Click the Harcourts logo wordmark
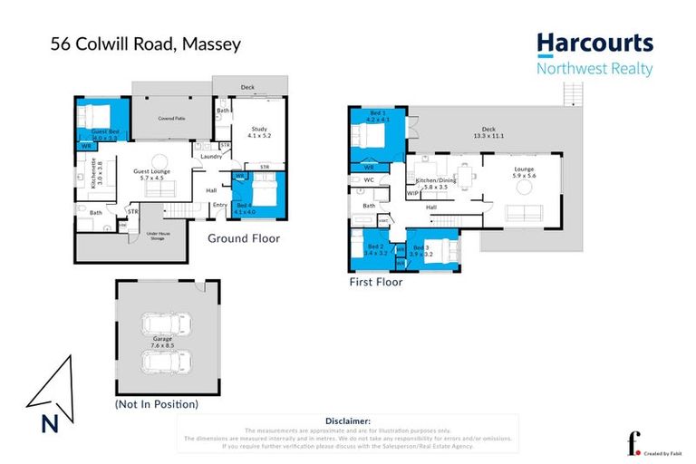click(x=594, y=43)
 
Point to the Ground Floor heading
click(x=244, y=239)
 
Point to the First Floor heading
click(x=376, y=282)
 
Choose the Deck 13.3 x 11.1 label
click(x=489, y=134)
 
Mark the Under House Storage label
click(x=156, y=237)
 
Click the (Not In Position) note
click(x=156, y=403)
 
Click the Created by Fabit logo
click(x=645, y=444)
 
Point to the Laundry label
click(x=212, y=156)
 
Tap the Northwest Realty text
click(x=594, y=68)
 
